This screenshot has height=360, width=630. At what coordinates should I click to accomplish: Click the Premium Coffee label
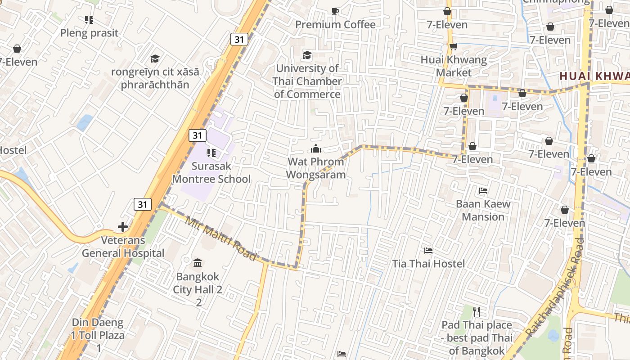click(335, 25)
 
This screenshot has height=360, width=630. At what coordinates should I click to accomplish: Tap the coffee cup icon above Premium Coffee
click(335, 11)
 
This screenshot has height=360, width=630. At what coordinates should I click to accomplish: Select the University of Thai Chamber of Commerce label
click(307, 81)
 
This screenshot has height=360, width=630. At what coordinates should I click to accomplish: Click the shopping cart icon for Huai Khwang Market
click(453, 47)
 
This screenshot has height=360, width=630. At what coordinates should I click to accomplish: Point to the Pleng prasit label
click(89, 33)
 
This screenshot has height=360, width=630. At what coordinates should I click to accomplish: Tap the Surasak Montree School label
click(211, 172)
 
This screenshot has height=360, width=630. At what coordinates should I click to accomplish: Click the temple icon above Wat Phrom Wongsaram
click(316, 148)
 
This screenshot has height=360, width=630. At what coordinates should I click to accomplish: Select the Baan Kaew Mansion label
click(483, 210)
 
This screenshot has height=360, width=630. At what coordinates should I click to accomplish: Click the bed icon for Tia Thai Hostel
click(428, 250)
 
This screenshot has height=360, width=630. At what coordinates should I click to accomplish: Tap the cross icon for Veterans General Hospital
click(123, 227)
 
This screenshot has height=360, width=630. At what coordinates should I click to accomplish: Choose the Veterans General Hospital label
click(123, 247)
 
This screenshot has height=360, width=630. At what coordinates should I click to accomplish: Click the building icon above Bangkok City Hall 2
click(197, 263)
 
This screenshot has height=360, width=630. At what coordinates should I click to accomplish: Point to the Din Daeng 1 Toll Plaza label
click(98, 335)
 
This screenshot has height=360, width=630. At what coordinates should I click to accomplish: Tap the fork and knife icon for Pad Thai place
click(477, 311)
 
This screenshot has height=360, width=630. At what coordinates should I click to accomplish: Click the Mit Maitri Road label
click(220, 239)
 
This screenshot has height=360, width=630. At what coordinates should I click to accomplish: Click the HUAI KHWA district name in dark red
click(594, 76)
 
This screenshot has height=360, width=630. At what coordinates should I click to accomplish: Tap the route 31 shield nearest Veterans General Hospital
click(142, 204)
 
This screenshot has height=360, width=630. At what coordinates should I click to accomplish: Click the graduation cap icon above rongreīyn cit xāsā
click(155, 58)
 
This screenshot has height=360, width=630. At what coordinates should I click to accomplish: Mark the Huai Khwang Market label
click(454, 66)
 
